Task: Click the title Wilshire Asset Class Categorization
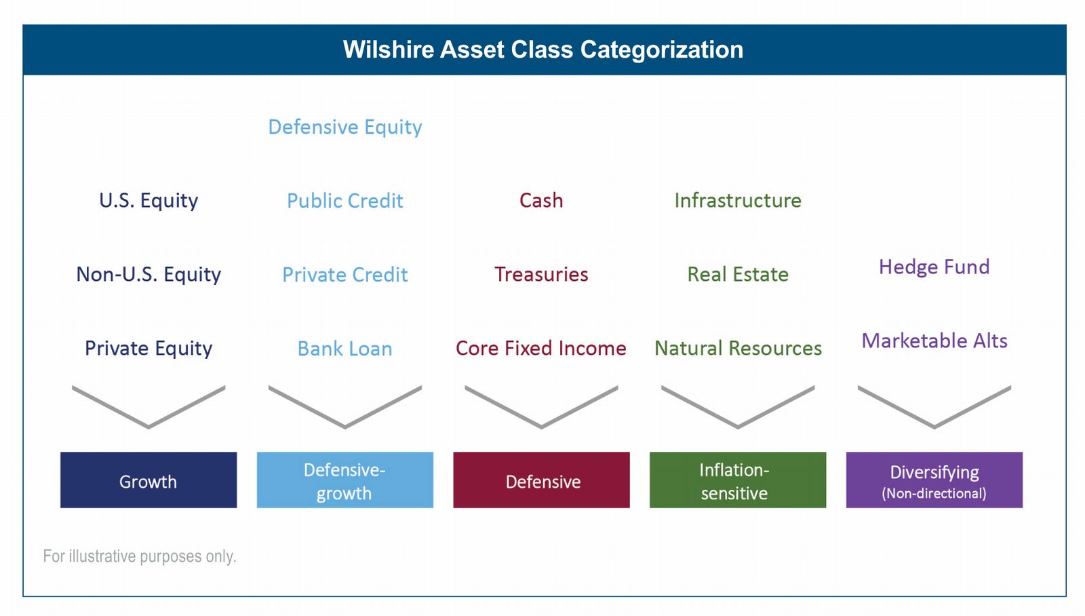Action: pyautogui.click(x=543, y=50)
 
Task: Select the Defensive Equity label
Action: pyautogui.click(x=345, y=127)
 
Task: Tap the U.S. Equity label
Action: pyautogui.click(x=149, y=201)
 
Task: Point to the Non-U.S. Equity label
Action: pyautogui.click(x=149, y=274)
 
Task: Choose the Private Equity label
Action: pyautogui.click(x=149, y=348)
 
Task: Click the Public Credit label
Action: pyautogui.click(x=345, y=201)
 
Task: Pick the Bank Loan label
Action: pyautogui.click(x=345, y=349)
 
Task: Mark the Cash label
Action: pyautogui.click(x=542, y=201)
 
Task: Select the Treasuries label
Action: pyautogui.click(x=542, y=274)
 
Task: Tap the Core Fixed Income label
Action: pyautogui.click(x=542, y=348)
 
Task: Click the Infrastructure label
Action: pyautogui.click(x=738, y=201)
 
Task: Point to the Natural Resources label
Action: pyautogui.click(x=738, y=348)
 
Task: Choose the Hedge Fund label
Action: pyautogui.click(x=934, y=267)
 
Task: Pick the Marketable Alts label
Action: pyautogui.click(x=934, y=341)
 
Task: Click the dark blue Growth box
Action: pyautogui.click(x=149, y=480)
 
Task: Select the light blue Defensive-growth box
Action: pyautogui.click(x=345, y=480)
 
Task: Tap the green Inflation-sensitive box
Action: pyautogui.click(x=738, y=480)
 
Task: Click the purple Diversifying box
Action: pyautogui.click(x=934, y=480)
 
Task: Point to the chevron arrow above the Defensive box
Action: pyautogui.click(x=542, y=427)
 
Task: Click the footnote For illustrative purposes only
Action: pyautogui.click(x=140, y=556)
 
